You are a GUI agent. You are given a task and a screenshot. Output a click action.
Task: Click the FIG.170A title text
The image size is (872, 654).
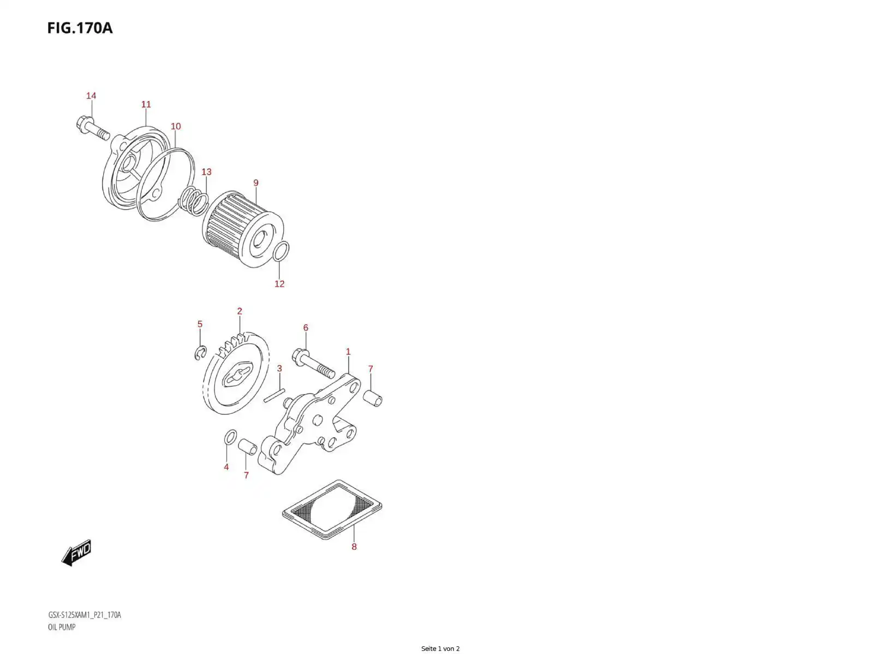pyautogui.click(x=80, y=28)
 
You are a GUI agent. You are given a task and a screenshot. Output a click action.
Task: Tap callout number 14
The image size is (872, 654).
pyautogui.click(x=91, y=96)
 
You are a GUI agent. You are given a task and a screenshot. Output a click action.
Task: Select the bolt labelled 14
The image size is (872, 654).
pyautogui.click(x=93, y=128)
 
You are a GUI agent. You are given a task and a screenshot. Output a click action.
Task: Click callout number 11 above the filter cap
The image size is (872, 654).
pyautogui.click(x=146, y=104)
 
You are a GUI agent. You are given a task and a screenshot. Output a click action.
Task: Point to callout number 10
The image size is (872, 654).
pyautogui.click(x=176, y=126)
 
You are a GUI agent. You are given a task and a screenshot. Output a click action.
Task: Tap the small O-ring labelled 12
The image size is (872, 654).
pyautogui.click(x=280, y=252)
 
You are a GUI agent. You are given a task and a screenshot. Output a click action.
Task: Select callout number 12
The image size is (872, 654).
pyautogui.click(x=279, y=284)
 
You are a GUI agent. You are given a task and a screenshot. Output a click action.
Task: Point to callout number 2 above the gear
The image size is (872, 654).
pyautogui.click(x=240, y=311)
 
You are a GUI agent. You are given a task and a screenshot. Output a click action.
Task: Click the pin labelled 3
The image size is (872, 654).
pyautogui.click(x=274, y=395)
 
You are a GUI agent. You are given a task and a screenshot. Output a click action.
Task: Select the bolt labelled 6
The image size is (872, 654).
pyautogui.click(x=313, y=363)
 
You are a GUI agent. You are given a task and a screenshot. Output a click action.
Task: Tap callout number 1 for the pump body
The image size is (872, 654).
pyautogui.click(x=348, y=352)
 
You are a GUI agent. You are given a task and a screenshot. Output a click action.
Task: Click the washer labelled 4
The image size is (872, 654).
pyautogui.click(x=230, y=437)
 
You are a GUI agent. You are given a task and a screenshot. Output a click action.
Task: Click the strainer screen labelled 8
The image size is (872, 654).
pyautogui.click(x=332, y=509)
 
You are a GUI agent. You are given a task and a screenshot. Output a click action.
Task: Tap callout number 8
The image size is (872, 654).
pyautogui.click(x=354, y=546)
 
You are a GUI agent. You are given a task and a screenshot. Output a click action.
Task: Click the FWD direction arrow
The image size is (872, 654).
pyautogui.click(x=77, y=552)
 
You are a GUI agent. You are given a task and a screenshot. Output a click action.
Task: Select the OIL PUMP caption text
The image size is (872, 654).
pyautogui.click(x=62, y=627)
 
